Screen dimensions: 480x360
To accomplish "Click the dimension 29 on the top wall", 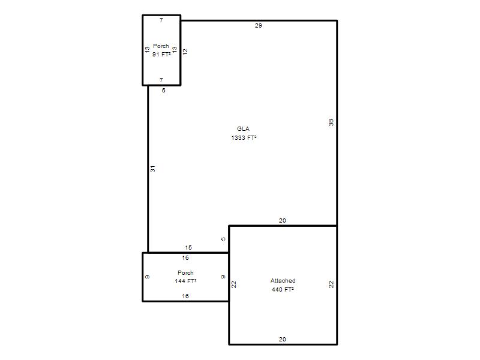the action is (259, 26).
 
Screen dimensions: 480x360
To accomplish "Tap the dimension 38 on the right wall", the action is (331, 122).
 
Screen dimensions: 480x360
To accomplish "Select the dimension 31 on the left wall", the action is (153, 169).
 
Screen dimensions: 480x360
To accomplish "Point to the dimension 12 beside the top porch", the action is (185, 52).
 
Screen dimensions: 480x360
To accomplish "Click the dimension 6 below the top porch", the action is (164, 91).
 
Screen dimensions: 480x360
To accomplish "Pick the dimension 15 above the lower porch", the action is (188, 247).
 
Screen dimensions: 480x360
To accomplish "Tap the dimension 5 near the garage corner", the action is (223, 239).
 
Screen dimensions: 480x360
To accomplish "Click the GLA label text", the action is (243, 129).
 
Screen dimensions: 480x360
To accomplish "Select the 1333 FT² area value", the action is (244, 138).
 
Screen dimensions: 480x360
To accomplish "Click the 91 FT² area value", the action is (161, 54).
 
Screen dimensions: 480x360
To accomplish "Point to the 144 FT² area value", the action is (185, 281).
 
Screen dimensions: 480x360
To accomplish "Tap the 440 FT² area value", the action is (283, 289).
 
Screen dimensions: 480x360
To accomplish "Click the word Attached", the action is (283, 280).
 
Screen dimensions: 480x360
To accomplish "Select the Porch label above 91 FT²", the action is (161, 46).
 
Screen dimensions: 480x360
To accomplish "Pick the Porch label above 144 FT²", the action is (185, 272).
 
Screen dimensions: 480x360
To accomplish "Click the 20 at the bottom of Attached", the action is (282, 339).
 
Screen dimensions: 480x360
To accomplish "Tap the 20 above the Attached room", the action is (282, 220).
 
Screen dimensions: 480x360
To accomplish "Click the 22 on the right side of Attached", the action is (331, 284).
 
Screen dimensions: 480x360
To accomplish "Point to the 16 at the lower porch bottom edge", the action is (185, 296).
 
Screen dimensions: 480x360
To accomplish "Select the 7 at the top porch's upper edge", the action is (161, 20).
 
